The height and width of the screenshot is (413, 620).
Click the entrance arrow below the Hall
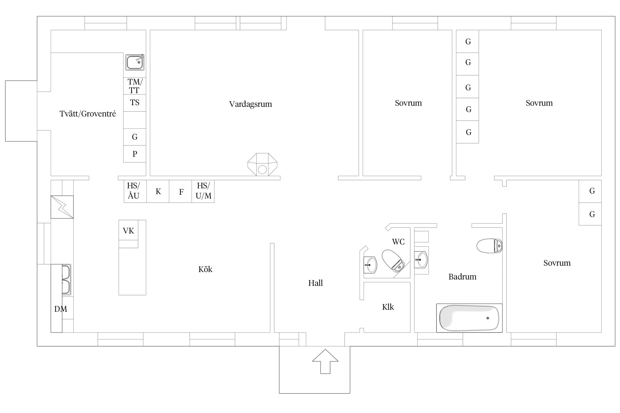coord(325,361)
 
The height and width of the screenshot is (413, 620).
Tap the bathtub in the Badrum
coord(469,318)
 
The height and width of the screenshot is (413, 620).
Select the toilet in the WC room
coord(393,260)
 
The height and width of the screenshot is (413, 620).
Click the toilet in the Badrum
coord(490,246)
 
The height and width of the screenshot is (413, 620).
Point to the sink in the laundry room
coord(135,62)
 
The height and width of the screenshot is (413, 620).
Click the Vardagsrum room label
coord(250,104)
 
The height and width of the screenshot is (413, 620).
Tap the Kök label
coord(205,269)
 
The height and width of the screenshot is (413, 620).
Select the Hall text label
coord(316,283)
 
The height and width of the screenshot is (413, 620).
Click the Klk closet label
coord(388,307)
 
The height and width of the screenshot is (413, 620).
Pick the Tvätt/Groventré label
coord(88,114)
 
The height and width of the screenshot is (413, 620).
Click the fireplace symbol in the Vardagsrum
coord(262,164)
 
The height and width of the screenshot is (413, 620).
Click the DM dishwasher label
coord(61,309)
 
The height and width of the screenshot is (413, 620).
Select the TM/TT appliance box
coord(134,86)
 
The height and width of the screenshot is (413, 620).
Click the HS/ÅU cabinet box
coord(135,191)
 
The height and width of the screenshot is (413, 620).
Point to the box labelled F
coord(180,191)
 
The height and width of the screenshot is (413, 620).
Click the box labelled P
coord(134,154)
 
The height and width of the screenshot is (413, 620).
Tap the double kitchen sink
coord(66,280)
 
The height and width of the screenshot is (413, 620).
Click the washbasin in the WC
coord(370,265)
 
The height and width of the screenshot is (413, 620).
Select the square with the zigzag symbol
coord(62,207)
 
